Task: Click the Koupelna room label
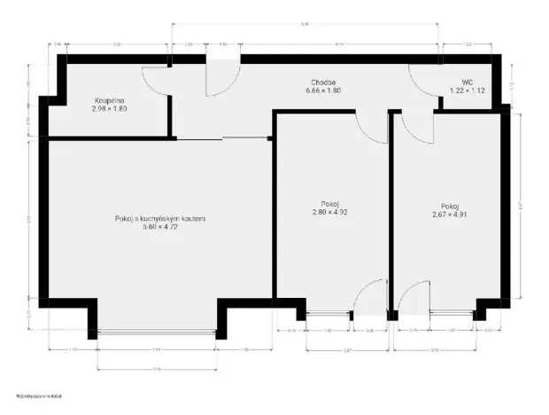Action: pos(111,101)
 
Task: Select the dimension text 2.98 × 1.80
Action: pos(111,109)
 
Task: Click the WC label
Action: pos(467,81)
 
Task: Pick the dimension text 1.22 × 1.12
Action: pos(467,90)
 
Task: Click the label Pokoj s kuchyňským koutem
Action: pos(159,218)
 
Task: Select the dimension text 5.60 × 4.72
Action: pos(159,227)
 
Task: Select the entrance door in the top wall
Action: pos(221,76)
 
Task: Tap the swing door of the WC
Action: pos(423,81)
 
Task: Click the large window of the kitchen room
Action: pos(157,332)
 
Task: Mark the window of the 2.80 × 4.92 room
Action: pos(328,313)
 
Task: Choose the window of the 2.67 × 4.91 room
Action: pos(452,313)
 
